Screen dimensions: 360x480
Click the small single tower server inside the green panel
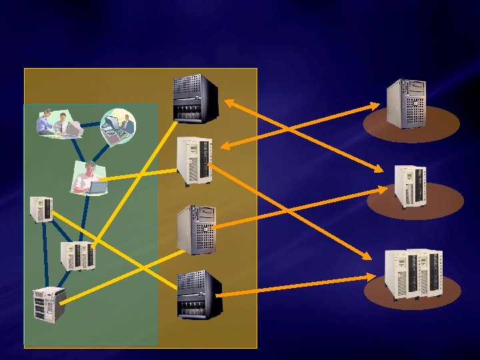pos(41,209)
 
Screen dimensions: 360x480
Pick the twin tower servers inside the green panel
pos(77,256)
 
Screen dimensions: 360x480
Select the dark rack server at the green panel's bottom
pos(49,303)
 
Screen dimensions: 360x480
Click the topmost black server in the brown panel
pos(195,99)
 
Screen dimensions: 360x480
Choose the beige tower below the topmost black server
pos(195,161)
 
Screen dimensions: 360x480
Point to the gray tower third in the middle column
pos(196,229)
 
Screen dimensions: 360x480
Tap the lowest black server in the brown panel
pos(198,295)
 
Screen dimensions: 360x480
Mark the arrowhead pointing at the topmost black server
pos(227,102)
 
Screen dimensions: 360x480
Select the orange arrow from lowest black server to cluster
pos(300,285)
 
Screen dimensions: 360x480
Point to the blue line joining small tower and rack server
pos(43,257)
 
